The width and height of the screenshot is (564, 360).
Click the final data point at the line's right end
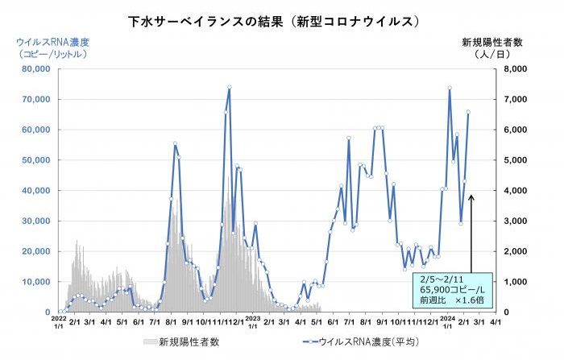click(x=468, y=112)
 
